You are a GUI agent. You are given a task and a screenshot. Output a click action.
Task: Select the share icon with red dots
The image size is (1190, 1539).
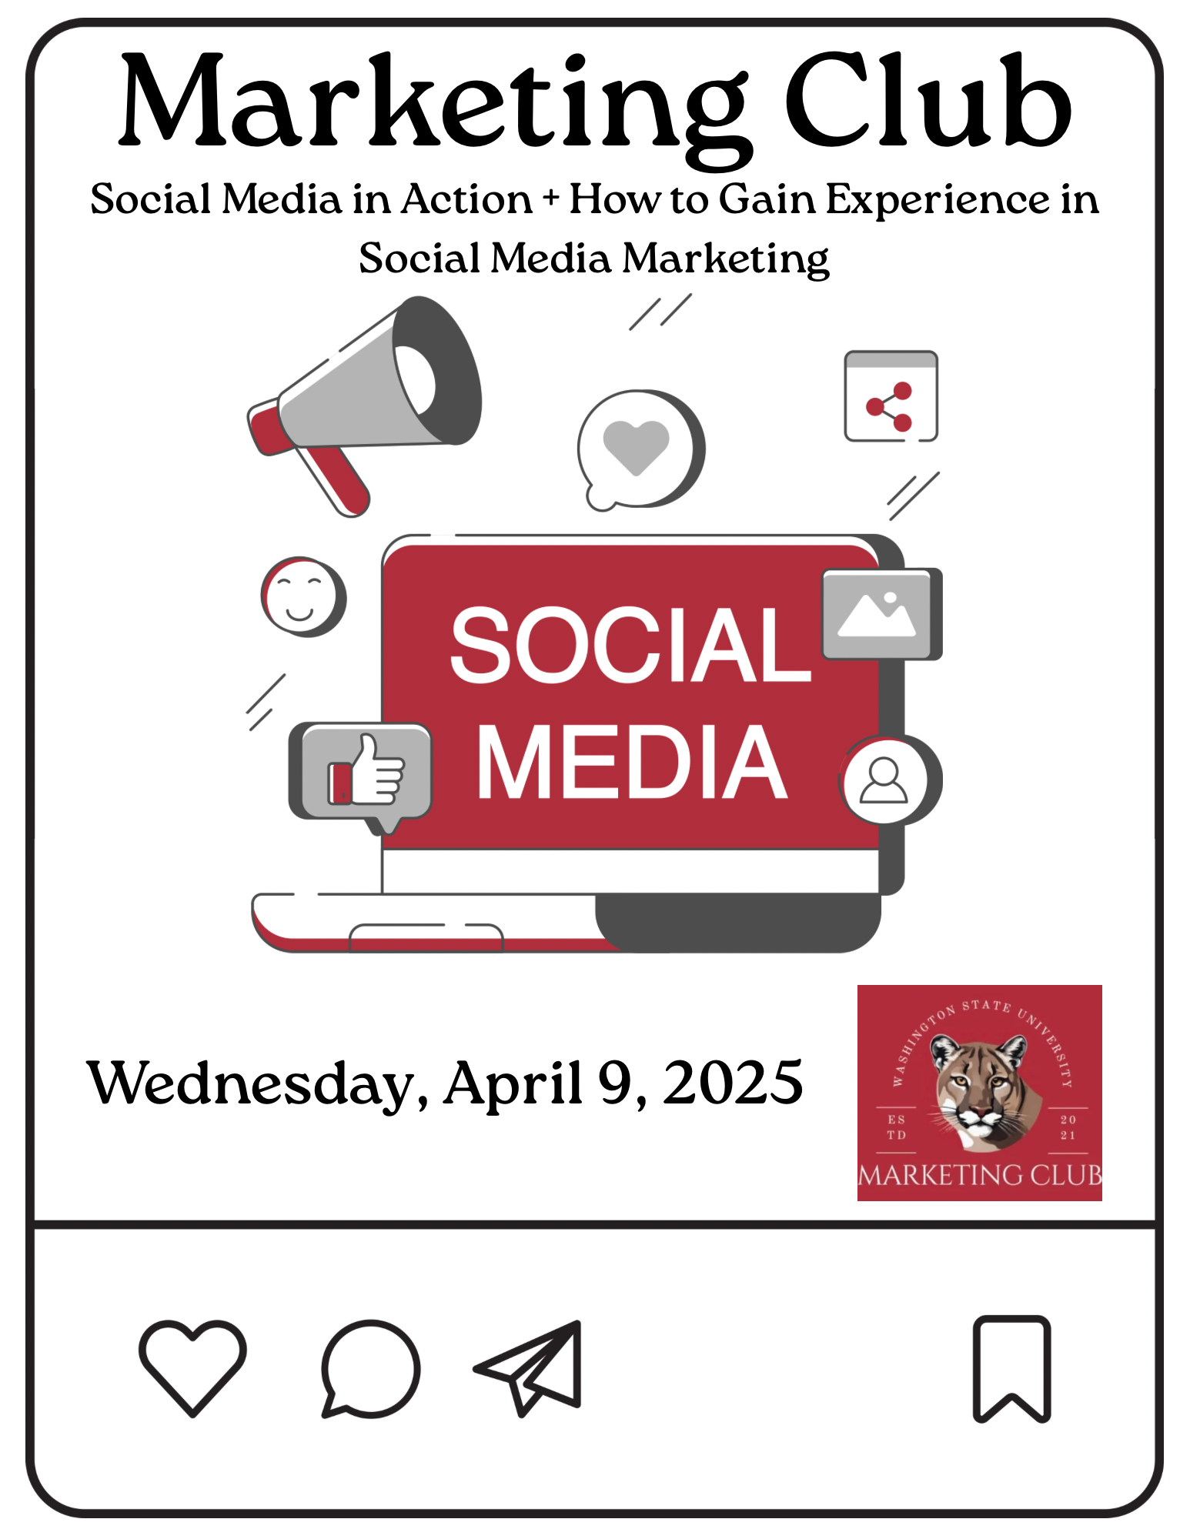pos(891,396)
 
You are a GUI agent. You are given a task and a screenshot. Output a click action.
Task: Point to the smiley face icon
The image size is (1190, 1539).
pos(303,596)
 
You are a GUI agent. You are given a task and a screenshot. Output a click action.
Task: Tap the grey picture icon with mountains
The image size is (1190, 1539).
pos(881,614)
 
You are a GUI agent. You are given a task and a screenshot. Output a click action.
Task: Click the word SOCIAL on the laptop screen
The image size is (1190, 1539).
pos(630,644)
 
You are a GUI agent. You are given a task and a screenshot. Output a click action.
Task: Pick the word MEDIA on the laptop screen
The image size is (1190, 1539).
pos(632,762)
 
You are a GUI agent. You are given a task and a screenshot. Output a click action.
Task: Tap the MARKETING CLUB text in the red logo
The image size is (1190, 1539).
pos(980,1175)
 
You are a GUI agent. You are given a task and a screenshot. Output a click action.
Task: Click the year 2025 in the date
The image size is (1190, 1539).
pos(733,1082)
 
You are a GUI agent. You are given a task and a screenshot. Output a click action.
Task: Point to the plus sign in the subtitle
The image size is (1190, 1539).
pos(550,199)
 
